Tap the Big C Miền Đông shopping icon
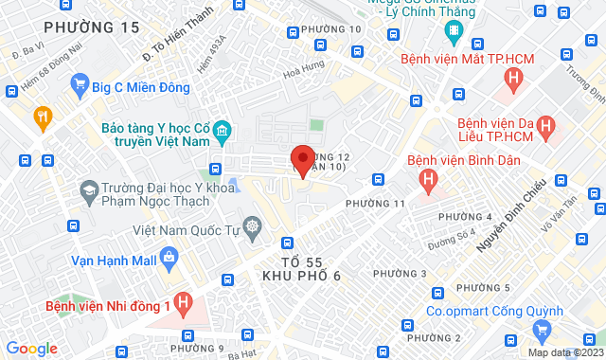pyautogui.click(x=80, y=87)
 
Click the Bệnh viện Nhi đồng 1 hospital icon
pyautogui.click(x=184, y=304)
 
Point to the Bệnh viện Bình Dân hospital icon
pyautogui.click(x=429, y=177)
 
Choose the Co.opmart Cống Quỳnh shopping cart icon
pyautogui.click(x=542, y=329)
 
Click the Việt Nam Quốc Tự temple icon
pyautogui.click(x=253, y=227)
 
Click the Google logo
pyautogui.click(x=31, y=348)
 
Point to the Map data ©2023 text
pyautogui.click(x=564, y=352)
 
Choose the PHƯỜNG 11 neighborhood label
pyautogui.click(x=375, y=204)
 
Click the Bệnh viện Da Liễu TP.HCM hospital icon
pyautogui.click(x=546, y=124)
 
